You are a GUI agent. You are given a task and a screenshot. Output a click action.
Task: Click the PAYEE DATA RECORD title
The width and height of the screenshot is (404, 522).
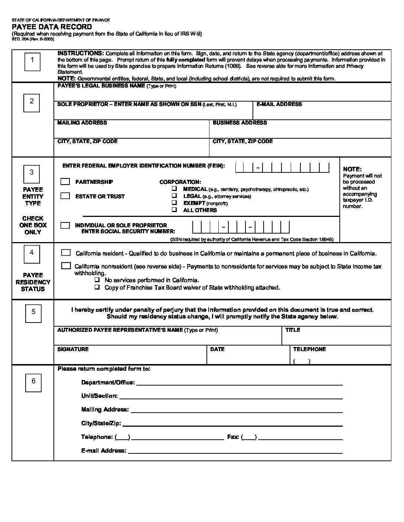[52, 27]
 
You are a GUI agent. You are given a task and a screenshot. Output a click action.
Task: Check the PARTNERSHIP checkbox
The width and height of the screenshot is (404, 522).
[65, 182]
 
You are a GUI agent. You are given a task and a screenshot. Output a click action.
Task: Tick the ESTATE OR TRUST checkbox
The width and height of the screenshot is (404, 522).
[65, 196]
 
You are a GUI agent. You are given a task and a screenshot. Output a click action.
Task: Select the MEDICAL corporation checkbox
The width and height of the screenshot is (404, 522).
[174, 189]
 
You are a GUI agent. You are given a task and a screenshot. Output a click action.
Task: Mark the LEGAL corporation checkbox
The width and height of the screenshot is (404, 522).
[174, 196]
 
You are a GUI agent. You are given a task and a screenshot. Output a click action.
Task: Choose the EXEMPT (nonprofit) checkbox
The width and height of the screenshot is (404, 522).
[174, 203]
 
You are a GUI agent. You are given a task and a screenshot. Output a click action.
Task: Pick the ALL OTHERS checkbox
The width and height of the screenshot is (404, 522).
[174, 210]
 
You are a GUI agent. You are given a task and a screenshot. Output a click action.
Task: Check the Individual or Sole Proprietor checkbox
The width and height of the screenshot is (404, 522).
[65, 225]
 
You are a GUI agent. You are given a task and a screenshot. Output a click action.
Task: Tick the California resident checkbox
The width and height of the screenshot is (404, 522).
[66, 253]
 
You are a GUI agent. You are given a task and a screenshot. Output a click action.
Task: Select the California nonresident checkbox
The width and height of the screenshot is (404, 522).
[66, 266]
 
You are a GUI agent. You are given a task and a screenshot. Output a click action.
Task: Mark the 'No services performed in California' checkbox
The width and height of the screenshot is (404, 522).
[97, 280]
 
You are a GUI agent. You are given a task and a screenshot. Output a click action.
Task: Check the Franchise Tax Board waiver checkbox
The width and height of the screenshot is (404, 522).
[97, 287]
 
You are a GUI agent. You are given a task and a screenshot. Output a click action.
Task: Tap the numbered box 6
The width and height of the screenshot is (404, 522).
[33, 382]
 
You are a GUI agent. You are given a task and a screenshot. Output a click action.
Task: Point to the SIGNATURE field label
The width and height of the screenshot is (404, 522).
[73, 349]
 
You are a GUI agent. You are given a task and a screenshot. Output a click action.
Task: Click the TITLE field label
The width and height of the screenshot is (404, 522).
[293, 330]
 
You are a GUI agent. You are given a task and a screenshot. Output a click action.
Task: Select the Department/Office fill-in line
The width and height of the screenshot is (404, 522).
[240, 384]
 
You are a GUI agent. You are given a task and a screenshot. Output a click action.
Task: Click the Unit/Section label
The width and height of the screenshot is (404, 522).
[100, 396]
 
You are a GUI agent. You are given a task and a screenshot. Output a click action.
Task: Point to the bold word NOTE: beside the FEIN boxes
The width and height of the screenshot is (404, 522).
[352, 169]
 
